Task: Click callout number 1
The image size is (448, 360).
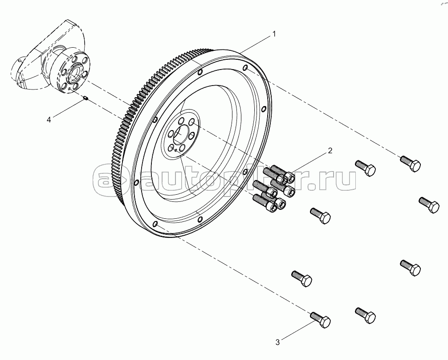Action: pyautogui.click(x=274, y=34)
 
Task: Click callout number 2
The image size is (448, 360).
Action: pyautogui.click(x=330, y=151)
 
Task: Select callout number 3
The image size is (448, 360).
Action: pyautogui.click(x=277, y=342)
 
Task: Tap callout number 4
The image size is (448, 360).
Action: pyautogui.click(x=49, y=119)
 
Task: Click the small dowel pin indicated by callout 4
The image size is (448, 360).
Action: pyautogui.click(x=86, y=98)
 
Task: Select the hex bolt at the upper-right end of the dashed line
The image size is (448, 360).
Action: pyautogui.click(x=410, y=163)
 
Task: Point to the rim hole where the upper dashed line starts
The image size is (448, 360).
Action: pyautogui.click(x=245, y=68)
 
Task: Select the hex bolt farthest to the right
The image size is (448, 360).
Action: pyautogui.click(x=429, y=205)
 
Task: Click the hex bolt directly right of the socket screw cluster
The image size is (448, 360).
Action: pyautogui.click(x=320, y=216)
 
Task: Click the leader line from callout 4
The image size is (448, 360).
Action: pyautogui.click(x=68, y=108)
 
